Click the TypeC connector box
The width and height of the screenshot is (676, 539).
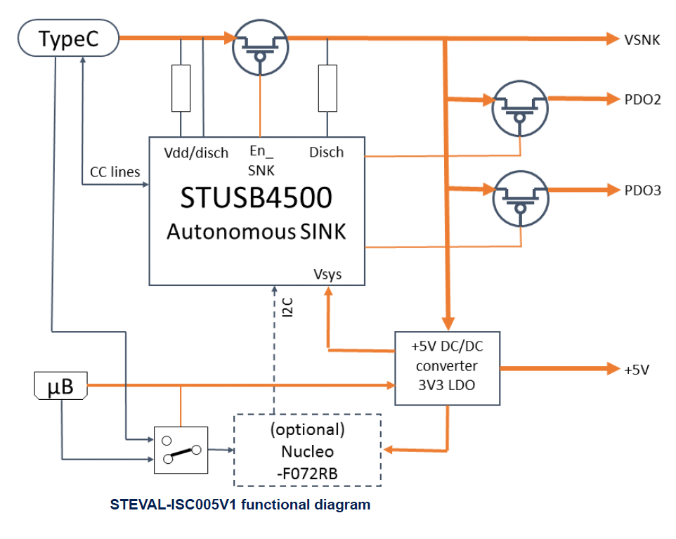tap(68, 39)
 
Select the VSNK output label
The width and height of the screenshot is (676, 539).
tap(642, 40)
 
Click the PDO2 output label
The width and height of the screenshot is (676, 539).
tap(642, 100)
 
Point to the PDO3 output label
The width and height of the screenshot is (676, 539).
tap(642, 190)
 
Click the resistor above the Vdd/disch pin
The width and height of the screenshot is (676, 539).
tap(181, 88)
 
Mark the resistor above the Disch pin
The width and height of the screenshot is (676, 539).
tap(327, 88)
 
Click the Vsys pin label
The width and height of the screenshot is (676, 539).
tap(328, 273)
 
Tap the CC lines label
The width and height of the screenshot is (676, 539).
tap(115, 171)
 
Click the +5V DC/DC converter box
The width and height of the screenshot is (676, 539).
tap(447, 368)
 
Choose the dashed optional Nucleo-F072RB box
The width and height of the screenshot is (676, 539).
tap(306, 450)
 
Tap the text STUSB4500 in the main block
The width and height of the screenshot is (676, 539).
tap(256, 198)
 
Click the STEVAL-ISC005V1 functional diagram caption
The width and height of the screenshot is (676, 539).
tap(240, 505)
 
